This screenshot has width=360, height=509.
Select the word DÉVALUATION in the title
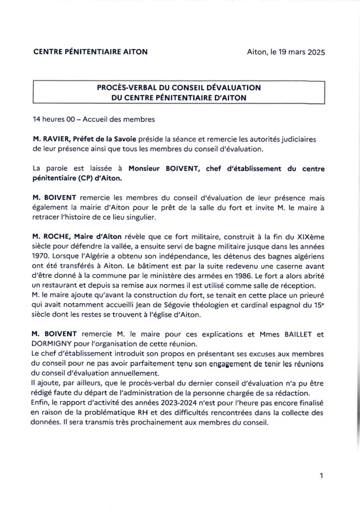click(235, 87)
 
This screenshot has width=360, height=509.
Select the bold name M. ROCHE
click(50, 236)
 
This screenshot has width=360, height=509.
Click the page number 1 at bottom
click(322, 476)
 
